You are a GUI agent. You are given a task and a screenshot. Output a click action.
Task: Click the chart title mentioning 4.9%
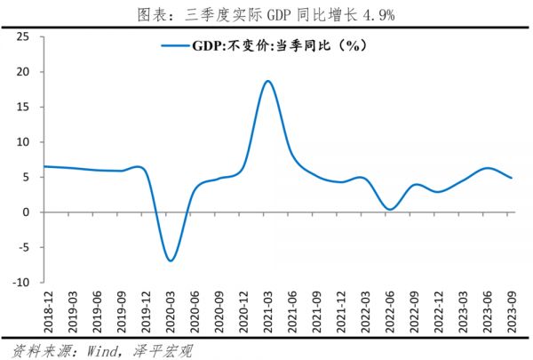266,13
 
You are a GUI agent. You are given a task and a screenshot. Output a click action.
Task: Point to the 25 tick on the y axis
24,36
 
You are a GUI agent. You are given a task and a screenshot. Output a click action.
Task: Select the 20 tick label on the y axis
24,72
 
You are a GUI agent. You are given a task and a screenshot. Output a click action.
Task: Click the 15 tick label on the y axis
24,107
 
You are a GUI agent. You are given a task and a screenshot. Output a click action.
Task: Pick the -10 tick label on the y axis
21,283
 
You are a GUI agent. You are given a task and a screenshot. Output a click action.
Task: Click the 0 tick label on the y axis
28,212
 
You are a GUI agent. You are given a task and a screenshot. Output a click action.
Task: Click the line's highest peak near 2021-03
267,81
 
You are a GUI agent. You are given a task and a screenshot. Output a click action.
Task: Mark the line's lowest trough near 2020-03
170,260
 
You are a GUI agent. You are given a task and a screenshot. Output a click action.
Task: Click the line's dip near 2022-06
390,210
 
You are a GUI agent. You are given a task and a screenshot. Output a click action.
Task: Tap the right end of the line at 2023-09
512,178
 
